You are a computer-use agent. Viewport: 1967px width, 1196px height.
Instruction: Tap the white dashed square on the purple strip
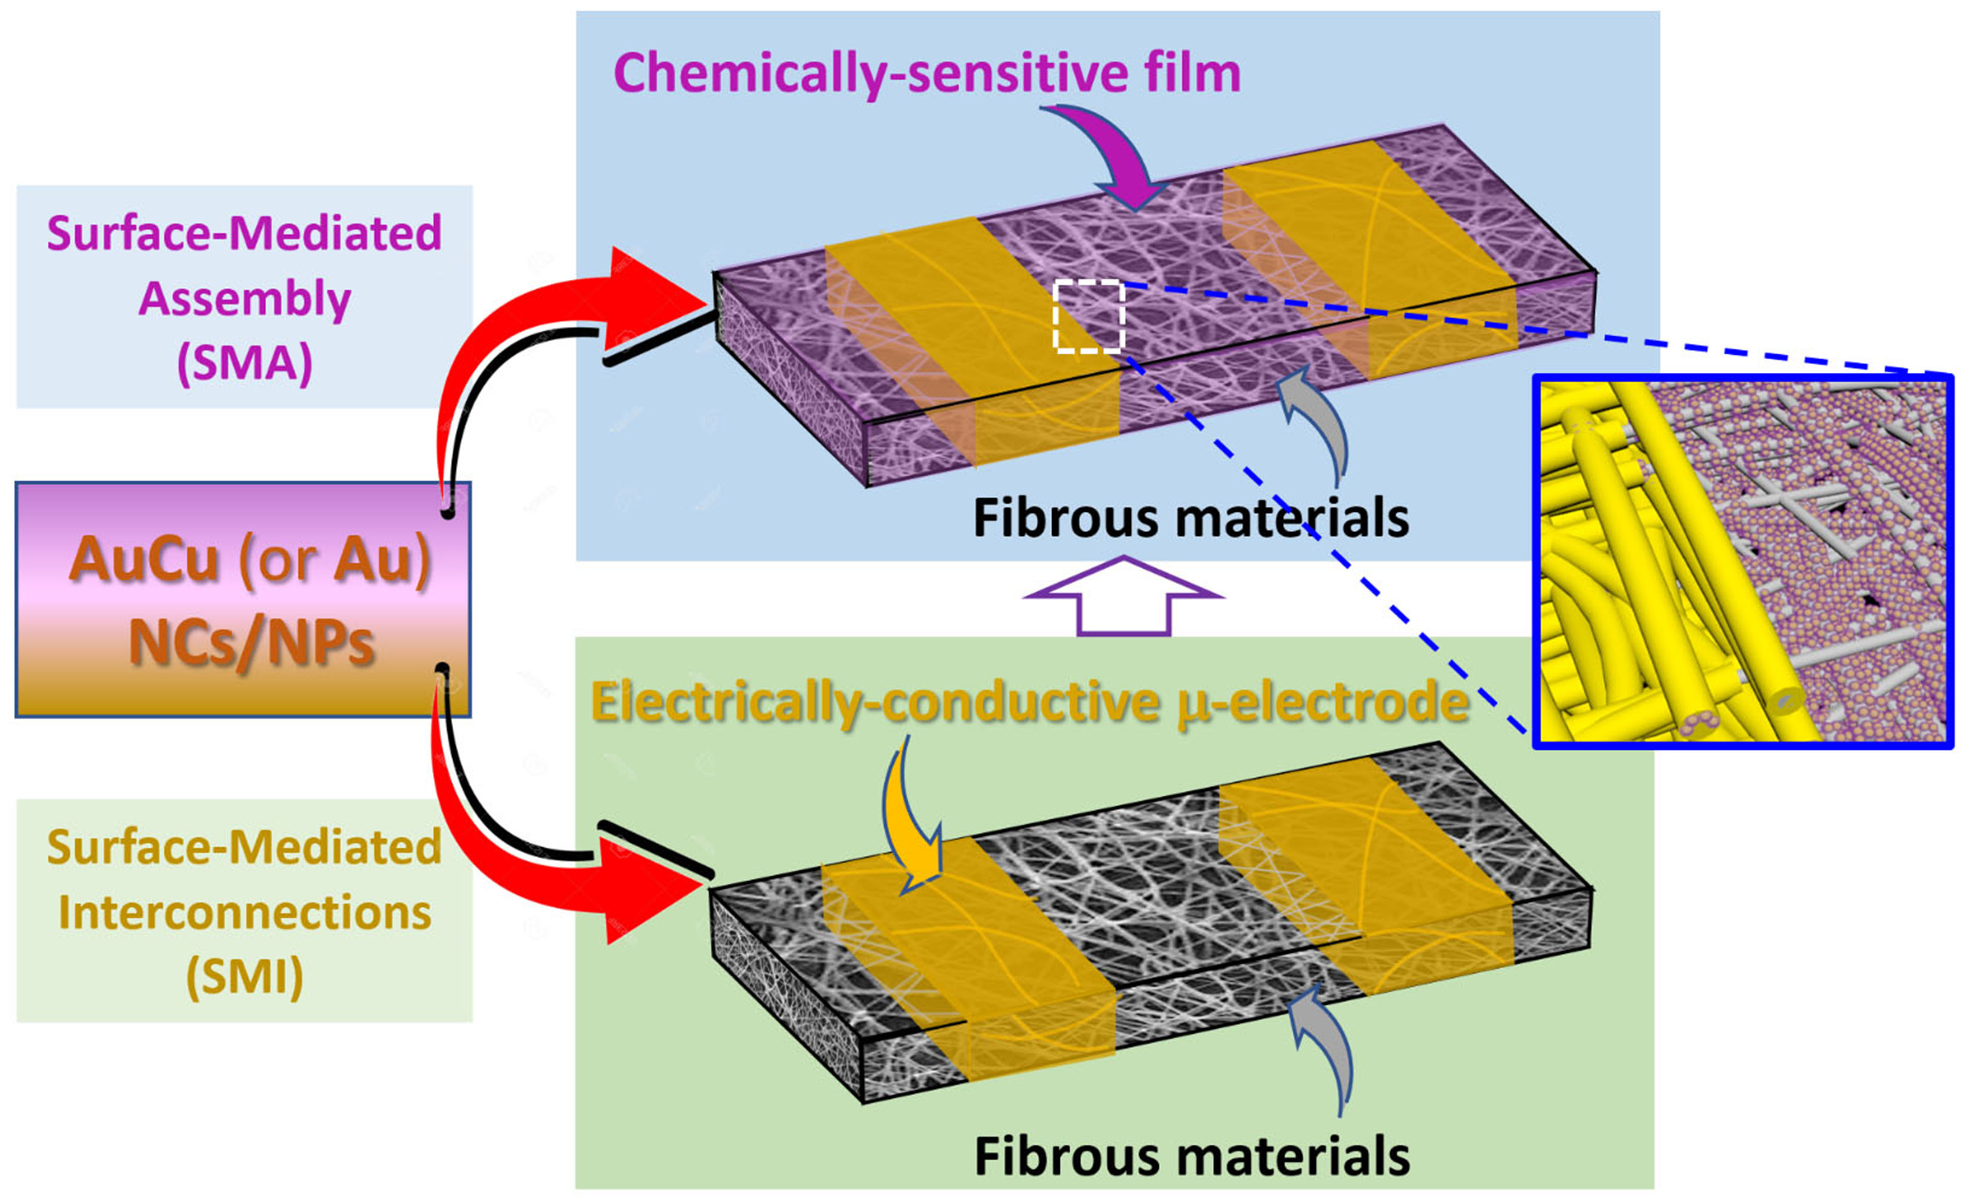[1089, 316]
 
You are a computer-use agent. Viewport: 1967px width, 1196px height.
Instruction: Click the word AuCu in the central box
[144, 559]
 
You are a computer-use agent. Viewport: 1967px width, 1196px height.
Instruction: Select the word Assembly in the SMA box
[244, 299]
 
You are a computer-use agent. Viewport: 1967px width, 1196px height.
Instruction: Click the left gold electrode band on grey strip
[966, 942]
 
